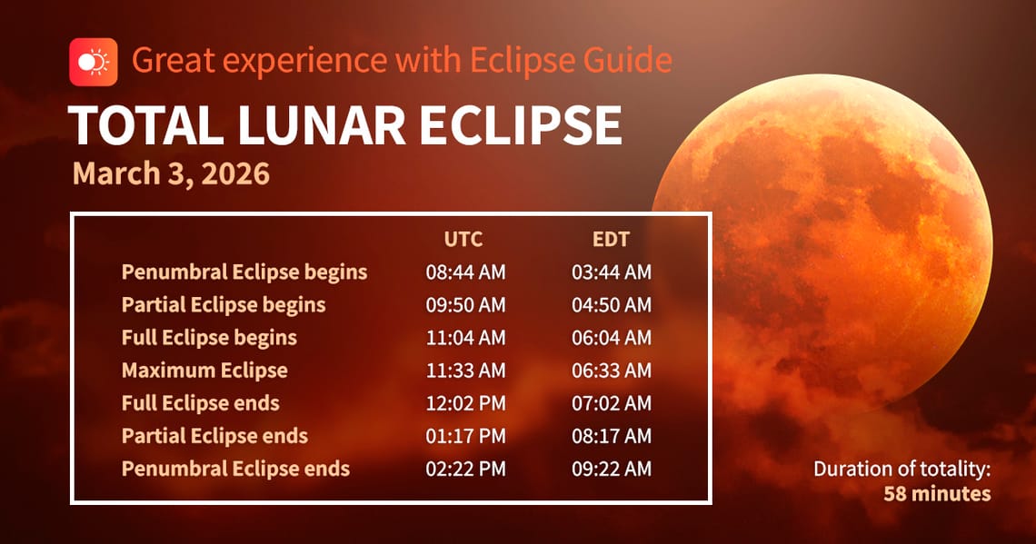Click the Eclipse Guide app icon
pos(93,62)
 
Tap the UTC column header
pos(463,240)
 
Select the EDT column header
pos(611,240)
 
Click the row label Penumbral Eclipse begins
pos(244,272)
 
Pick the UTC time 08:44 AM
pos(465,272)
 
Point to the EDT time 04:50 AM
pos(611,304)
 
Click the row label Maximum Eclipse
pos(204,371)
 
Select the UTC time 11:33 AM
pos(465,371)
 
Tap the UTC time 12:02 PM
pos(465,403)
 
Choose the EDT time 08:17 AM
pos(611,436)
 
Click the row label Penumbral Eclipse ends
pos(235,469)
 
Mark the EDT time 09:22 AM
pos(611,469)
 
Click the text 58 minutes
pos(937,493)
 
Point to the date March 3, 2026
pos(171,173)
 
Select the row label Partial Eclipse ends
pos(214,436)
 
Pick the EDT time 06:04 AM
pos(611,338)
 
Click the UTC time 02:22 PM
pos(465,469)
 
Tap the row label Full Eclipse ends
pos(200,403)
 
